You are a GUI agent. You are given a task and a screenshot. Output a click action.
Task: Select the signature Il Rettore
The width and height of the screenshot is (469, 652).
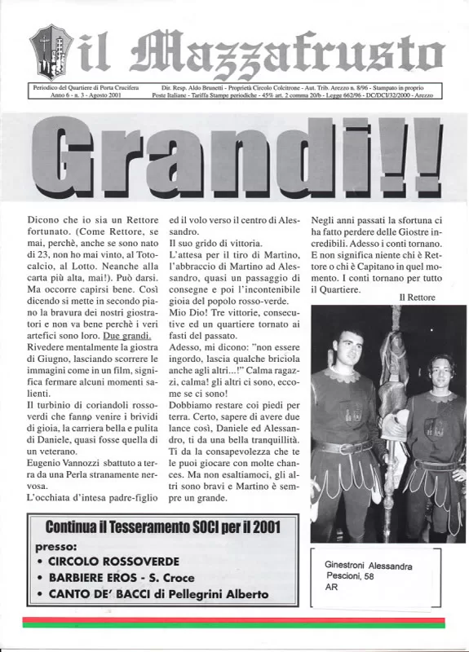point(417,297)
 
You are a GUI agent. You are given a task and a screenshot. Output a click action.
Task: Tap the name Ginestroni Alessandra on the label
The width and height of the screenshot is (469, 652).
point(369,566)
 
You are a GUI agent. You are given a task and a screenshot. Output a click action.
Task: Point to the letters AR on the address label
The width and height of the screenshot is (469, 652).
point(331,587)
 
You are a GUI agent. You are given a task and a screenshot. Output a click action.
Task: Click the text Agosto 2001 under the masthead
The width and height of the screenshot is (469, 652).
point(100,95)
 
